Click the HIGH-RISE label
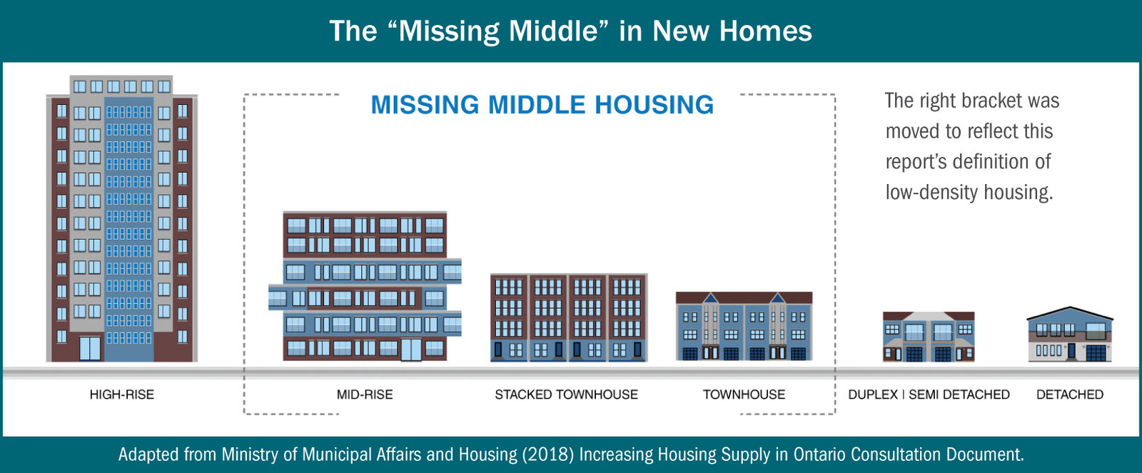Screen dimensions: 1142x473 [121, 395]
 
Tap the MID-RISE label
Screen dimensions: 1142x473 [365, 395]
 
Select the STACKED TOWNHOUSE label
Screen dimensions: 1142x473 [566, 395]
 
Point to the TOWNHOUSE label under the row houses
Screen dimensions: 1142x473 [744, 395]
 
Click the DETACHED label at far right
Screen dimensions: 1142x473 [1070, 395]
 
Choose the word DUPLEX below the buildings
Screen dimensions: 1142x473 [873, 395]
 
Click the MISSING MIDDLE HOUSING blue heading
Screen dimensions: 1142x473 [542, 104]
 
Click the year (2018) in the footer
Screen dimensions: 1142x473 [548, 454]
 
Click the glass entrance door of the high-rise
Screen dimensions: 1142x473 [90, 349]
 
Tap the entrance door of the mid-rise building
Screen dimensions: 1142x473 [411, 350]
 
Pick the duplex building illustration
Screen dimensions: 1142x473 [929, 337]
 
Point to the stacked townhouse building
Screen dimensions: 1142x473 [568, 318]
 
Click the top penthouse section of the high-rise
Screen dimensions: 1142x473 [121, 85]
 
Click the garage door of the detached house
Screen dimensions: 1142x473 [1096, 352]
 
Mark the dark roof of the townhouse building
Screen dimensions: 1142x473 [744, 297]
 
